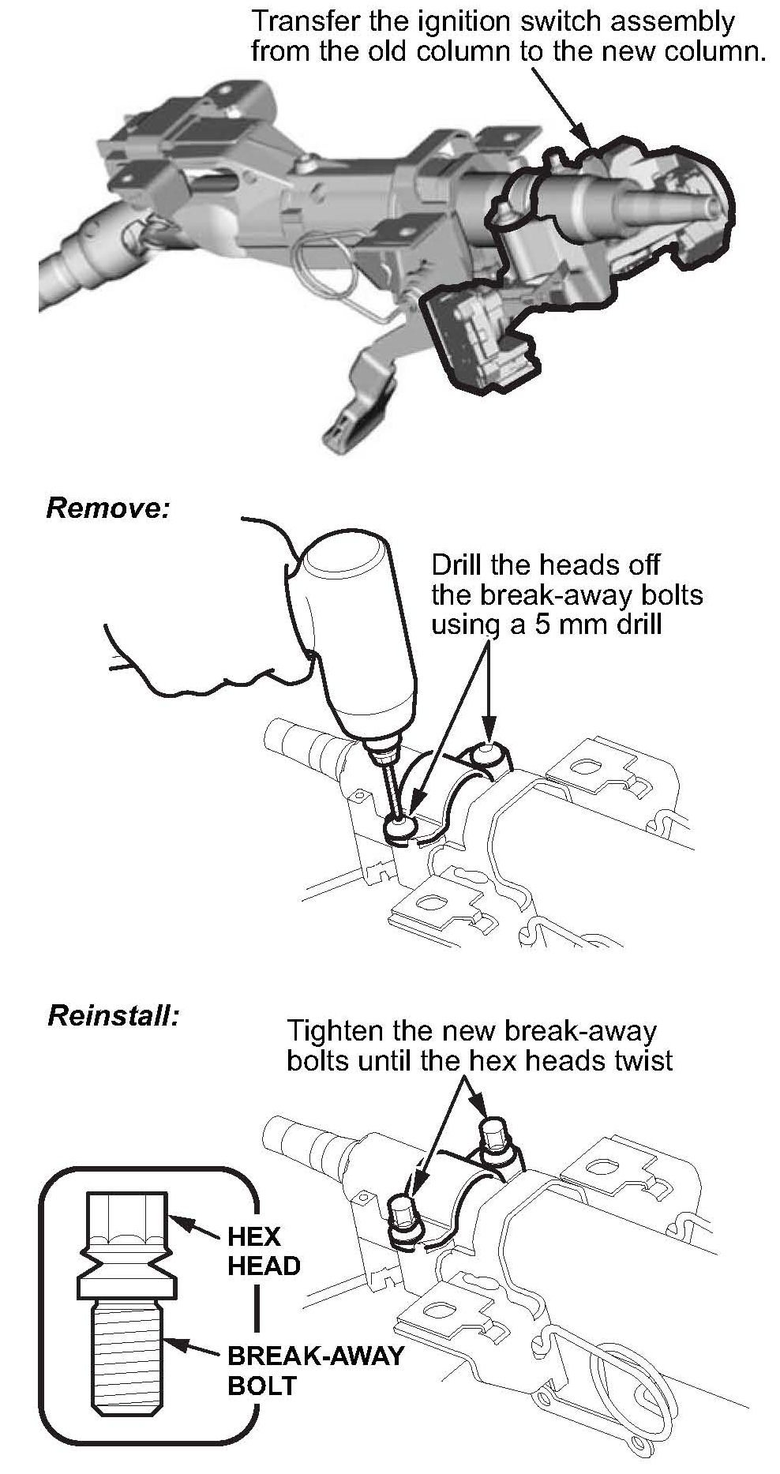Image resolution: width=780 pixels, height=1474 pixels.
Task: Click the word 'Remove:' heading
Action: tap(108, 508)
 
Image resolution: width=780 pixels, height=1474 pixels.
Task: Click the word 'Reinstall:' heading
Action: tap(114, 1015)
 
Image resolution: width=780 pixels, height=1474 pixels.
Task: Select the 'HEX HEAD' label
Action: tap(264, 1251)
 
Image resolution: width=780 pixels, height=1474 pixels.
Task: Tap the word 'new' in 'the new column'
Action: tap(632, 52)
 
